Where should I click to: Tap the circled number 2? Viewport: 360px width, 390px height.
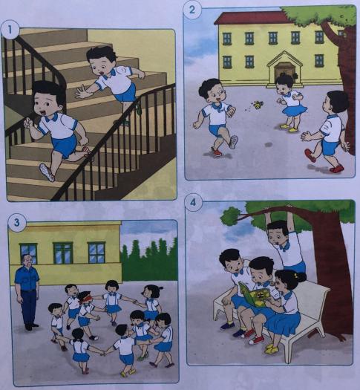click(193, 10)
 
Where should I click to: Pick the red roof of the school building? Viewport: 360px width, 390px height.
click(252, 17)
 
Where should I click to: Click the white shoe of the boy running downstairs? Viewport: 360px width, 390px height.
click(47, 172)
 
